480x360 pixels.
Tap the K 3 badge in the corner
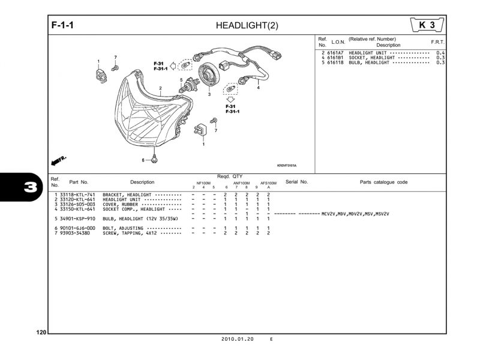(x=427, y=25)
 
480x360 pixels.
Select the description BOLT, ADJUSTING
(x=122, y=229)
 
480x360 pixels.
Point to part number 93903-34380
(x=74, y=233)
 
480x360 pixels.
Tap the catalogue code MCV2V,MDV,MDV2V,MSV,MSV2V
(x=355, y=214)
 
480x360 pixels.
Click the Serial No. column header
(x=296, y=182)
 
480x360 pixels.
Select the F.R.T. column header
(x=437, y=43)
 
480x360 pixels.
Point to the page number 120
(x=41, y=332)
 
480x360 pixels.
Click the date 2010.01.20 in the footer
(x=238, y=339)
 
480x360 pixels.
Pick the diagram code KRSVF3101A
(x=287, y=166)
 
